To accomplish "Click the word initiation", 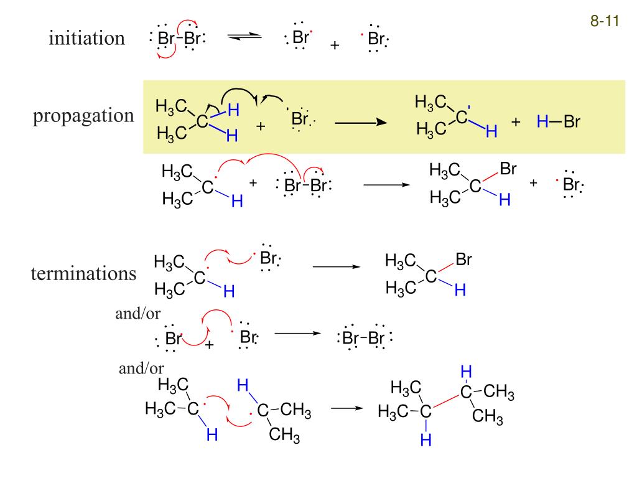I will point(87,39).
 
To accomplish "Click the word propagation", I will point(83,116).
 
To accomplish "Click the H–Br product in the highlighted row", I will point(558,123).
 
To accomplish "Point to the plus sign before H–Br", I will point(515,123).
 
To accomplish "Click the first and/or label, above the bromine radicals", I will point(138,313).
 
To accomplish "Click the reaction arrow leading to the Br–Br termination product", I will point(296,334).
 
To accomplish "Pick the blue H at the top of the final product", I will point(467,372).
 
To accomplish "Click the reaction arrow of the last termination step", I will point(346,408).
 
